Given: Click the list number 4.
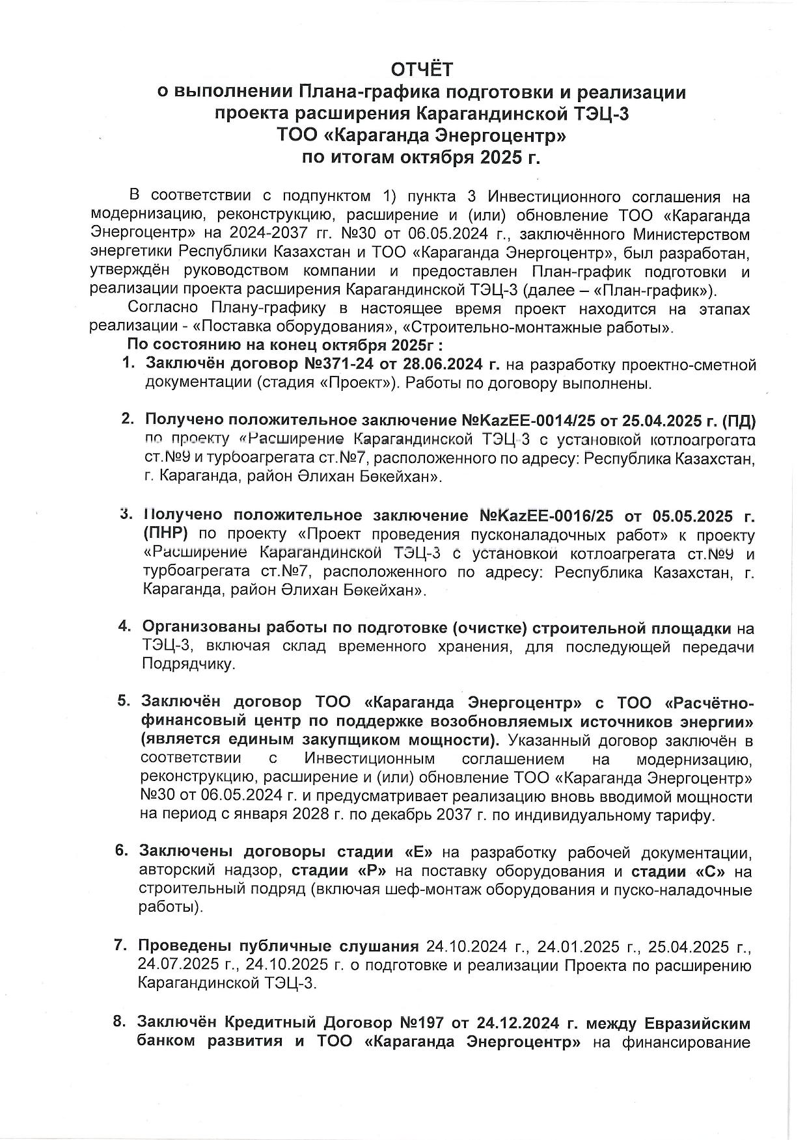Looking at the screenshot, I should (x=124, y=628).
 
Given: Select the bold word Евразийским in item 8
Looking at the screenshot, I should (x=696, y=1023).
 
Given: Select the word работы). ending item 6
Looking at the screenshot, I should (x=171, y=907).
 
